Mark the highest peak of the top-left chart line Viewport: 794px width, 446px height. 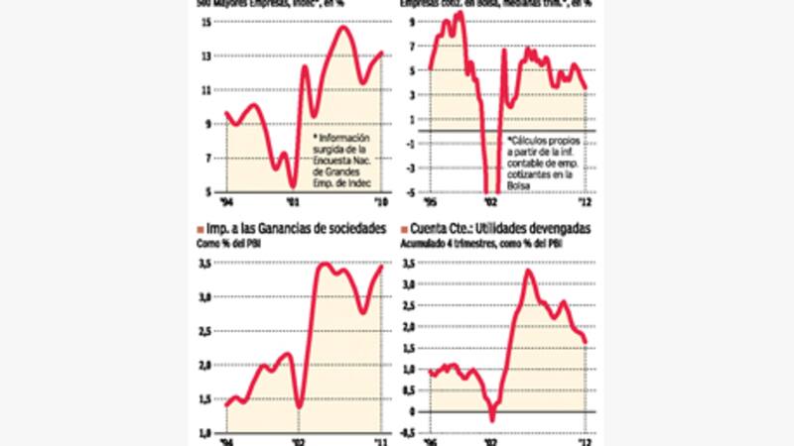[343, 27]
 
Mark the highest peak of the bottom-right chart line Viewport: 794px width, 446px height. [529, 271]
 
